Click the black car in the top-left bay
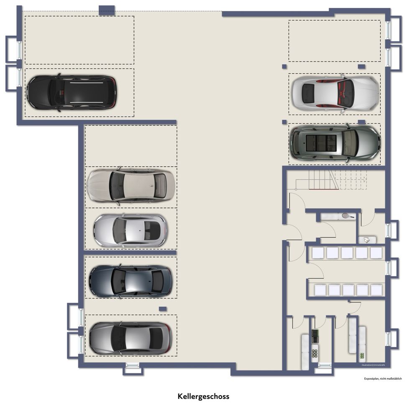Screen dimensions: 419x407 click(x=71, y=93)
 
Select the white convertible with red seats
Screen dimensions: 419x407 click(x=334, y=93)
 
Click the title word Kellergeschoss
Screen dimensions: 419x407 click(x=203, y=396)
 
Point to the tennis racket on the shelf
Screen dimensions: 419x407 click(x=347, y=216)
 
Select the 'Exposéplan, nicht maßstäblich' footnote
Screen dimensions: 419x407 click(x=383, y=378)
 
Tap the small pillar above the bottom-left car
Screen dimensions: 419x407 click(x=163, y=309)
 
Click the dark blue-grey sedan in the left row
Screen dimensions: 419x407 click(x=130, y=281)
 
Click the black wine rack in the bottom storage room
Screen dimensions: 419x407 click(x=315, y=336)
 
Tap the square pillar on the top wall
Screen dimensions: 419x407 click(x=107, y=10)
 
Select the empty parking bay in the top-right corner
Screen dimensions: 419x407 click(x=334, y=41)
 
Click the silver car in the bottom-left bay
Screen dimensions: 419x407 click(x=130, y=337)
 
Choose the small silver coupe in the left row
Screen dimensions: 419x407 click(x=130, y=230)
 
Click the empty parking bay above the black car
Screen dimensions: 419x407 click(x=79, y=40)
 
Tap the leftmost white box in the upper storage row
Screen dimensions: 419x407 click(x=318, y=253)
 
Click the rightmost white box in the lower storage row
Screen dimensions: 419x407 click(x=376, y=290)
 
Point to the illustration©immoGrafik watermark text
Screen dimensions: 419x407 click(x=373, y=365)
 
